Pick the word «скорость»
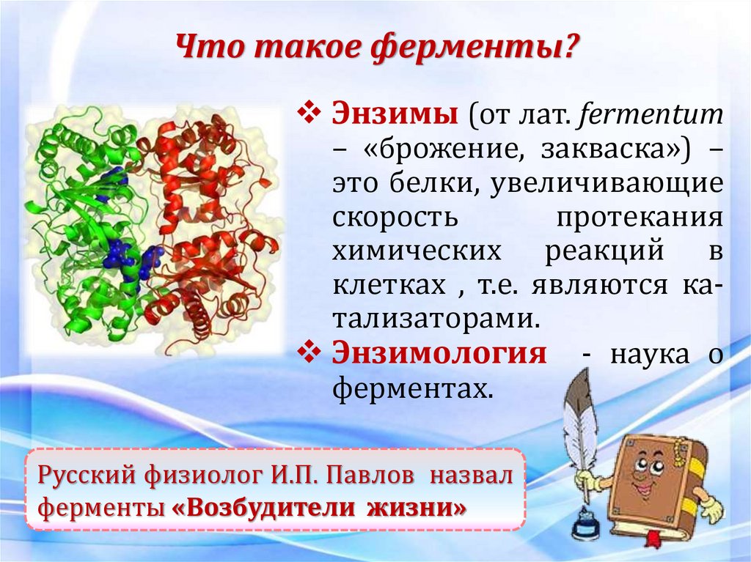point(395,218)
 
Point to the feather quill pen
point(581,425)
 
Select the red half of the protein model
point(205,220)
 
